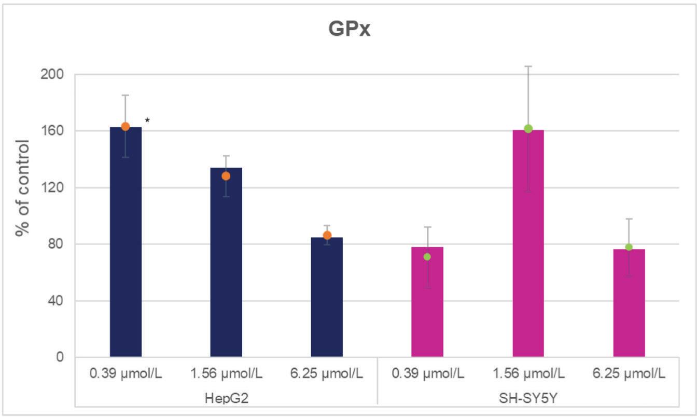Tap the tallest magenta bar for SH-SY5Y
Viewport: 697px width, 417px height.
[528, 244]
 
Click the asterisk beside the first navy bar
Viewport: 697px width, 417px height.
[147, 121]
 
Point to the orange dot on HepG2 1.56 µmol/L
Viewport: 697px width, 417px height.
[226, 176]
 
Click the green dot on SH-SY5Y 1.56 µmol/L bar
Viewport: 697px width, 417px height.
[528, 129]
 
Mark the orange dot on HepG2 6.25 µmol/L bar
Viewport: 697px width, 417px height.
[327, 235]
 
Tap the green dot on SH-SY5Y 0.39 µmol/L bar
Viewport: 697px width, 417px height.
[427, 257]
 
